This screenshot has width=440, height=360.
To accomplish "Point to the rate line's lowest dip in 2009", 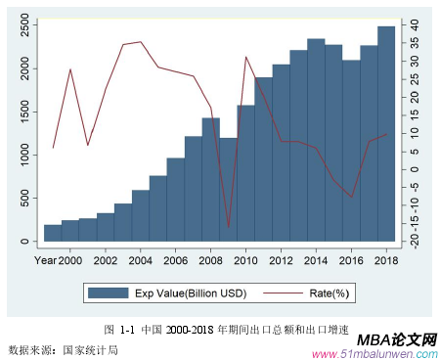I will click(x=228, y=227).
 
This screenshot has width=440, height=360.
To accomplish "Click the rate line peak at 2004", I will click(x=141, y=42).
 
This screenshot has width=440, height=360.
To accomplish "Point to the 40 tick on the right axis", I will click(x=414, y=24).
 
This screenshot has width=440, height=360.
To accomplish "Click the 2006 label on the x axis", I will click(x=175, y=260).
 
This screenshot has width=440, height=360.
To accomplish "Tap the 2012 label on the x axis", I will click(x=281, y=260).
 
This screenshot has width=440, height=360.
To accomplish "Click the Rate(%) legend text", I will click(x=329, y=292).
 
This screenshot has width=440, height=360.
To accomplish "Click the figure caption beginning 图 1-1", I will click(x=226, y=330).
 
